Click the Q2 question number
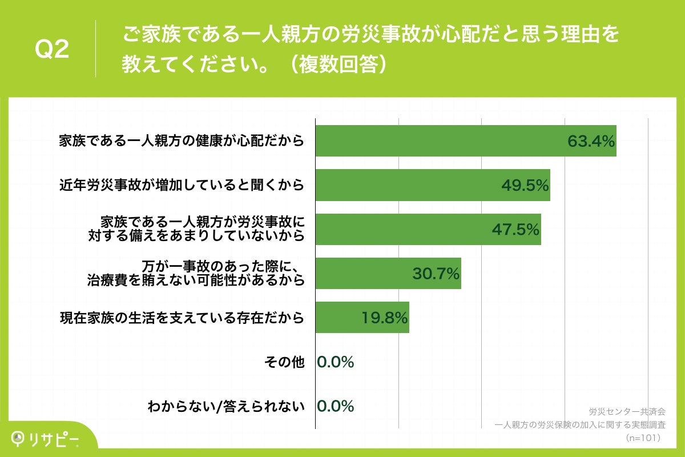[52, 50]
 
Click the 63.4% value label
[591, 141]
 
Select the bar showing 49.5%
[433, 185]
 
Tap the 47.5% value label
[516, 229]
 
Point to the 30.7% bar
[388, 273]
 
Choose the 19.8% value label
[385, 318]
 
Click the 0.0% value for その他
[336, 362]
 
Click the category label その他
[284, 362]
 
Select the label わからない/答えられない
[226, 406]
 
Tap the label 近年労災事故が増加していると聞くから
[182, 185]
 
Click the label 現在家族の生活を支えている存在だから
[182, 318]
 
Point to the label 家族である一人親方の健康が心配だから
[182, 141]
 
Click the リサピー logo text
[55, 438]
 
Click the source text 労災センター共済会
[627, 411]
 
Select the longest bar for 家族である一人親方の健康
[466, 141]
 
